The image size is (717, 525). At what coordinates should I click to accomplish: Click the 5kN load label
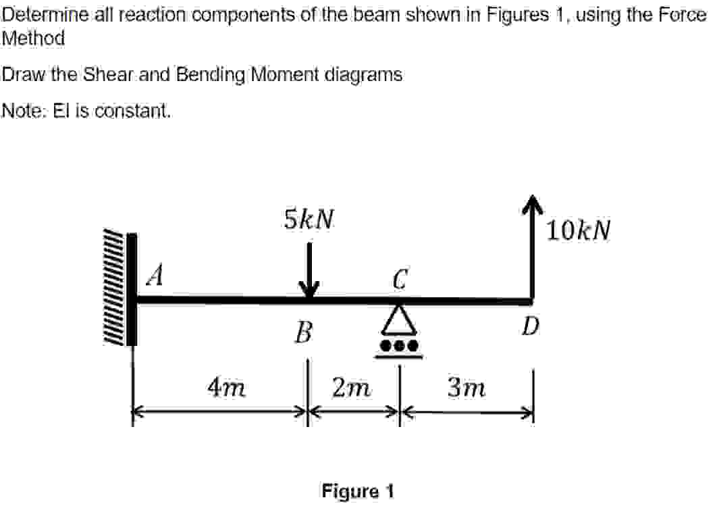pos(309,219)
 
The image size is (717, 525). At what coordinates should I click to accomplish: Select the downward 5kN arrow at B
pos(309,270)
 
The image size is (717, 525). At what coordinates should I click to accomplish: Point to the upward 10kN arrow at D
pos(533,243)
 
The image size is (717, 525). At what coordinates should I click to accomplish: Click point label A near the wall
pos(156,276)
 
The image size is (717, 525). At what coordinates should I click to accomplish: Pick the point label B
pos(304,332)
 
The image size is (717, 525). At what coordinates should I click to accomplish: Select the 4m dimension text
pos(226,388)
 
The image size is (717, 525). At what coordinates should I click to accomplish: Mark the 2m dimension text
pos(352,388)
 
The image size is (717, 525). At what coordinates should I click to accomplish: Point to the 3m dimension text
pos(467,388)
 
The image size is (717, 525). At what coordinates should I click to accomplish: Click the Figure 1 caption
pos(358,491)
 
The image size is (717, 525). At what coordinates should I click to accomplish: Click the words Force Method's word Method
pos(34,39)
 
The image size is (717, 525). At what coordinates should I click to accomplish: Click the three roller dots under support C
pos(400,345)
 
